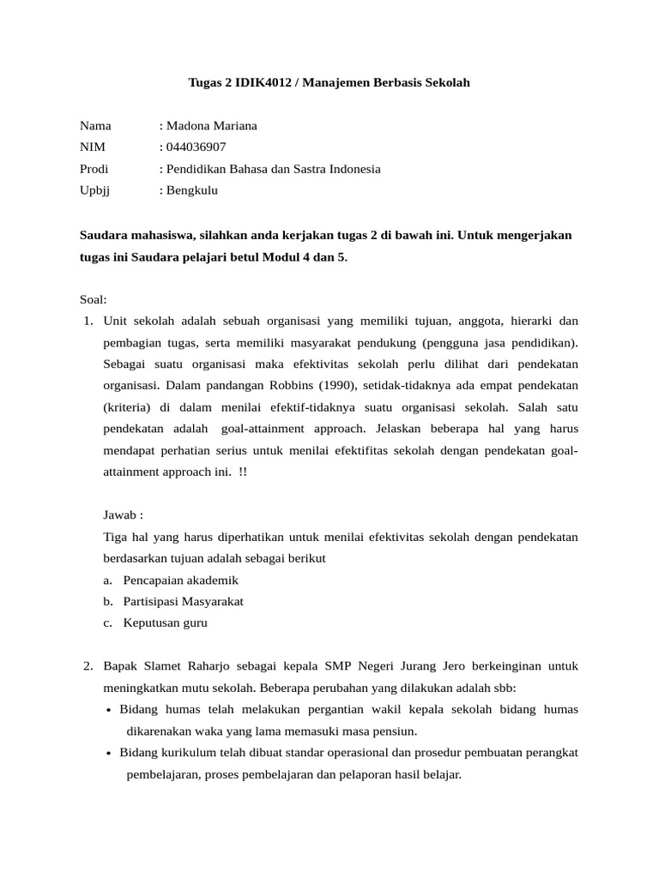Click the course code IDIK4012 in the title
258,83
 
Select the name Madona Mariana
211,126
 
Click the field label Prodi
94,169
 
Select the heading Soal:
94,299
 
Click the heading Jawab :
123,515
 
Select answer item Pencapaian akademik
180,580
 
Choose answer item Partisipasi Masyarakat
183,602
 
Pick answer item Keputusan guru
165,623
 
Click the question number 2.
88,666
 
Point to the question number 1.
88,322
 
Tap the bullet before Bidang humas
109,711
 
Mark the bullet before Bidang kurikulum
109,754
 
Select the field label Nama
95,126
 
